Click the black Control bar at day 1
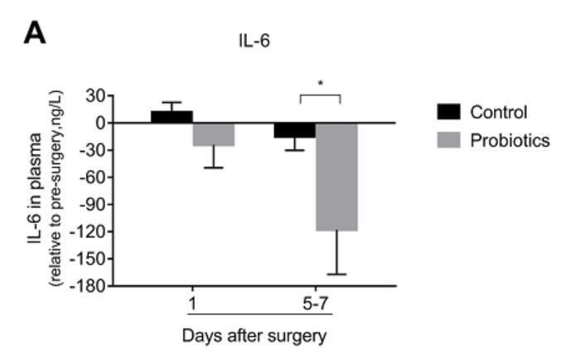point(172,117)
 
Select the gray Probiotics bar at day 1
point(214,134)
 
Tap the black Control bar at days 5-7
point(295,130)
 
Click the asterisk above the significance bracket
point(320,85)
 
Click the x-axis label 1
point(192,304)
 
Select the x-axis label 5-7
point(316,304)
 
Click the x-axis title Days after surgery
point(254,337)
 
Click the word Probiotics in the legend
point(509,141)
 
